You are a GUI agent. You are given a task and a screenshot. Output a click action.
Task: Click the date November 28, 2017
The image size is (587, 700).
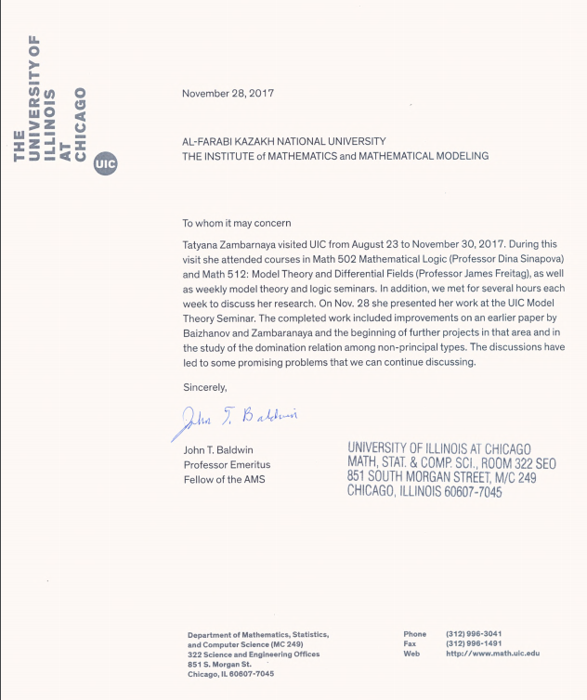tap(228, 93)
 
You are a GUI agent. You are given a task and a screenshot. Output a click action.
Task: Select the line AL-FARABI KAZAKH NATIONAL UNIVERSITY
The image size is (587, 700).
tap(283, 141)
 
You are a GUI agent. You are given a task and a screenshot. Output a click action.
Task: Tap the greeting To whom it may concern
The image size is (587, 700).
tap(236, 223)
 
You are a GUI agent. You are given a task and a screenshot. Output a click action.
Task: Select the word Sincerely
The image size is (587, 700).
tap(204, 386)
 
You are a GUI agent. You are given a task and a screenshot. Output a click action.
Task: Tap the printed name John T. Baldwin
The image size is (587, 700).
tap(218, 450)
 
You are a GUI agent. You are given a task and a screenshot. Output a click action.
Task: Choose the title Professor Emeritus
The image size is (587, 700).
tap(224, 464)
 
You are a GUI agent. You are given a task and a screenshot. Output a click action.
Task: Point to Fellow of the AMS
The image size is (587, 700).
tap(223, 479)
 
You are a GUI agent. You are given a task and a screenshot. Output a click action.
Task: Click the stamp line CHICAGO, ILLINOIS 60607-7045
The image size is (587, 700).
tap(424, 492)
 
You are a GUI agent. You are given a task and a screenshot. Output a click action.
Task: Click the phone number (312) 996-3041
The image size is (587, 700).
tap(474, 634)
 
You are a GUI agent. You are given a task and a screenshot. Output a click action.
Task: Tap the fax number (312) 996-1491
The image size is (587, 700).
tap(474, 643)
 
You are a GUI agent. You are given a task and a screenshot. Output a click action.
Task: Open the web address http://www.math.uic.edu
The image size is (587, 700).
tap(492, 654)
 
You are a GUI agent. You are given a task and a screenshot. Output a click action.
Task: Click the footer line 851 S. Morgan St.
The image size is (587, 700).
tap(219, 664)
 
